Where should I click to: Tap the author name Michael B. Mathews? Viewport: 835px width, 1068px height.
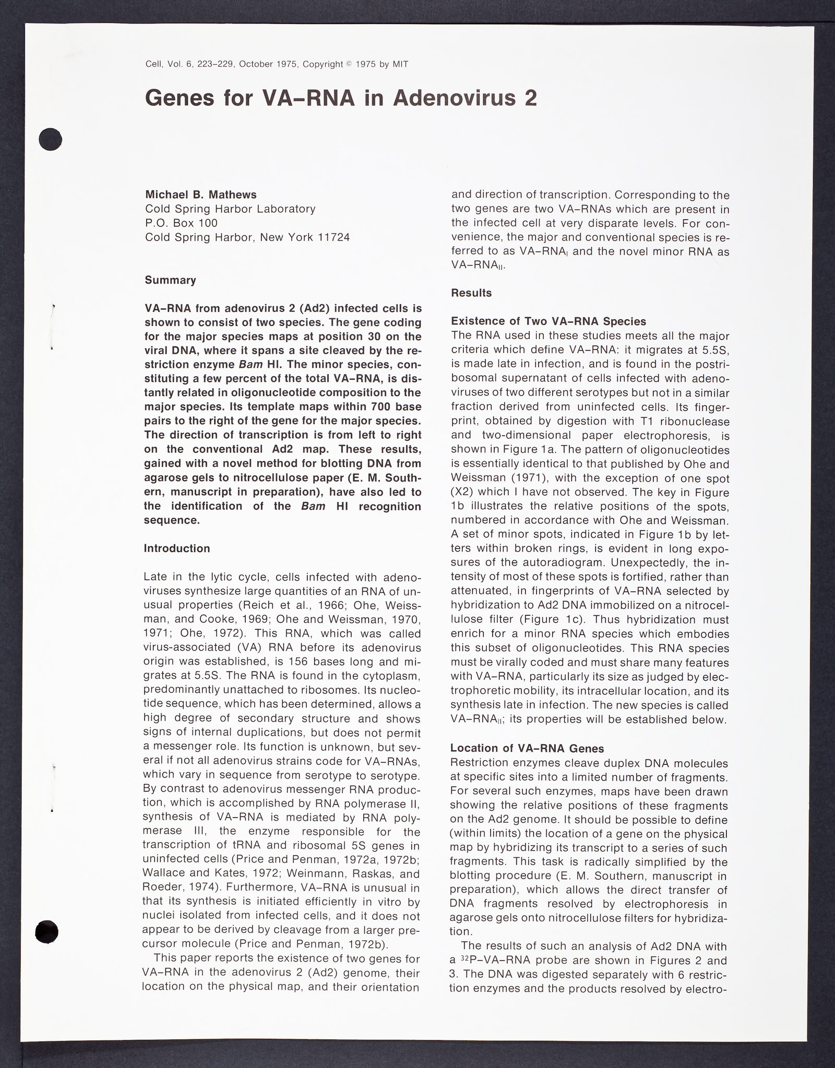[201, 195]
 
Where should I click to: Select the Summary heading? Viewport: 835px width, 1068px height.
[171, 280]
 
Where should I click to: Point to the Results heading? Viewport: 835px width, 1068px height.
[471, 293]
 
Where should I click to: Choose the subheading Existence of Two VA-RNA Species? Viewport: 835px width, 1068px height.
[548, 321]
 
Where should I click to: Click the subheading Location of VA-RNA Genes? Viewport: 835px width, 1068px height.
[527, 749]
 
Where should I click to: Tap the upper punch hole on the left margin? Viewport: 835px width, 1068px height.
[51, 139]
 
